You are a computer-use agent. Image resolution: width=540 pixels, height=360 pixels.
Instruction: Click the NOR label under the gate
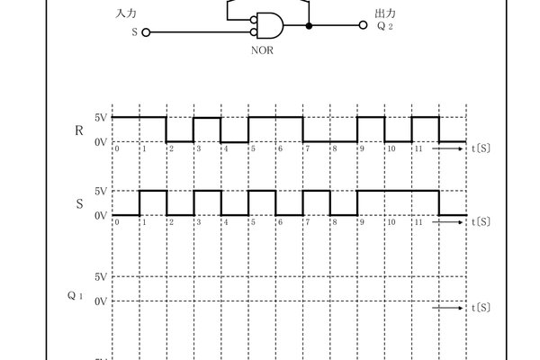pyautogui.click(x=261, y=49)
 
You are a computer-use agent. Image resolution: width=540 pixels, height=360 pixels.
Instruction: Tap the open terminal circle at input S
pyautogui.click(x=147, y=31)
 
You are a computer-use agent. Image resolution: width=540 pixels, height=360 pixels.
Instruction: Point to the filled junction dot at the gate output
pyautogui.click(x=310, y=26)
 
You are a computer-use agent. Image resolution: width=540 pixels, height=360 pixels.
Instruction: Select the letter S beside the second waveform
pyautogui.click(x=80, y=204)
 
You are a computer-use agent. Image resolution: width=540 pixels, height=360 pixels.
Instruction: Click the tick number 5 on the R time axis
pyautogui.click(x=254, y=148)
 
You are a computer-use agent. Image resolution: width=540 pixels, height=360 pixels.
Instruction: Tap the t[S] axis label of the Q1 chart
pyautogui.click(x=481, y=308)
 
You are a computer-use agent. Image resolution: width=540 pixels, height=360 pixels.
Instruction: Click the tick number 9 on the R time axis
pyautogui.click(x=362, y=148)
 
